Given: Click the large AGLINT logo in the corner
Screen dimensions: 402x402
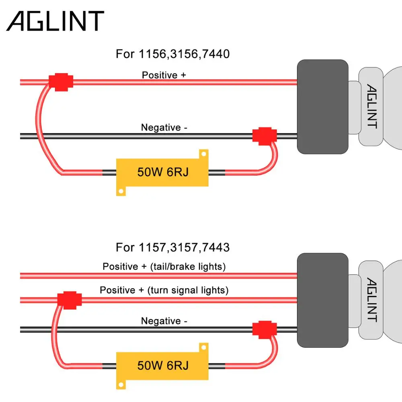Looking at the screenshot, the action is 55,21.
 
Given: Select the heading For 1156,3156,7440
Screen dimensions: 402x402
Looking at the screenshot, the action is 172,54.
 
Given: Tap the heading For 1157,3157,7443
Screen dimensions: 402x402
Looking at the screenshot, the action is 172,248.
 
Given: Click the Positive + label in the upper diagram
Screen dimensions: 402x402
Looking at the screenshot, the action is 164,75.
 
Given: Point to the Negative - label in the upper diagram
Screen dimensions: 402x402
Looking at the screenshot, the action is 164,127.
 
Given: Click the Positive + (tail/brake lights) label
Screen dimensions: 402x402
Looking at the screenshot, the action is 164,267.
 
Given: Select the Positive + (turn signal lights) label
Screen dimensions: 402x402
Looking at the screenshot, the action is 164,290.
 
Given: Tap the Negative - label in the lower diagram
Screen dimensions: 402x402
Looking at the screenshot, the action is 164,321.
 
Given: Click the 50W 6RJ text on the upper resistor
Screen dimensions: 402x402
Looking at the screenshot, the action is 163,172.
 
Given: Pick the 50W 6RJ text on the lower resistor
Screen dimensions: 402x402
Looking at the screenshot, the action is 163,365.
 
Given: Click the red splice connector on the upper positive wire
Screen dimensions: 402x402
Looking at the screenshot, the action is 61,82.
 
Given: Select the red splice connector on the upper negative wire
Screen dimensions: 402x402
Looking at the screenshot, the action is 265,136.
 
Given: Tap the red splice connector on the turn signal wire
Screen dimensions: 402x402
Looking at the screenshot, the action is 70,300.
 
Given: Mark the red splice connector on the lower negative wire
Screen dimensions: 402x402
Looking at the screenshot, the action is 265,330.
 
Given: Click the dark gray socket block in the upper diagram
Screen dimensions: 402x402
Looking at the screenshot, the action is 322,107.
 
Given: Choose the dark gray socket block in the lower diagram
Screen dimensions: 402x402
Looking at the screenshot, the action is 322,300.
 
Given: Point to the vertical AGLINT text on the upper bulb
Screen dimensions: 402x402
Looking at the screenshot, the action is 372,106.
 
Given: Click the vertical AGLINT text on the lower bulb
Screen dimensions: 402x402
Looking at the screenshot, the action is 372,300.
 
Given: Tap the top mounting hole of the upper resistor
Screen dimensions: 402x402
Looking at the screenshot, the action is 204,154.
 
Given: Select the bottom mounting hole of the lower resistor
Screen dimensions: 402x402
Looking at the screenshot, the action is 121,385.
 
